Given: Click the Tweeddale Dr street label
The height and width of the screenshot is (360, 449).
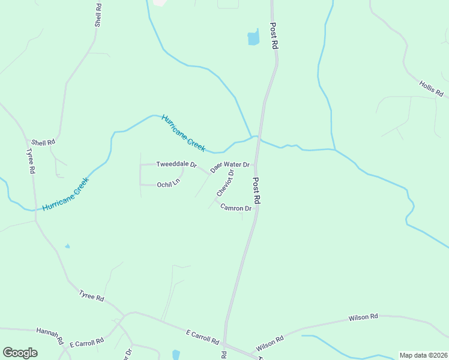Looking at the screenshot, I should pyautogui.click(x=176, y=164).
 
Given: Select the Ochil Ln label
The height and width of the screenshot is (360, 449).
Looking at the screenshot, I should pyautogui.click(x=168, y=184).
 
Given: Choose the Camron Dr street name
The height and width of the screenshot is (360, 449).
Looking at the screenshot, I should pyautogui.click(x=236, y=208).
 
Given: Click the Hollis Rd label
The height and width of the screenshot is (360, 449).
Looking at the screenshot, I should pyautogui.click(x=431, y=89).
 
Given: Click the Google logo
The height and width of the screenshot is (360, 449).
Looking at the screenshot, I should pyautogui.click(x=20, y=353).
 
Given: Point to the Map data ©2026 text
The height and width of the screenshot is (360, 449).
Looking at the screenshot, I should pyautogui.click(x=423, y=355).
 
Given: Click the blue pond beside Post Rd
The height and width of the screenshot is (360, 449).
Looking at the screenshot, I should pyautogui.click(x=253, y=38).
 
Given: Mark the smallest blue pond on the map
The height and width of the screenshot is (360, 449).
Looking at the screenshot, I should pyautogui.click(x=67, y=246).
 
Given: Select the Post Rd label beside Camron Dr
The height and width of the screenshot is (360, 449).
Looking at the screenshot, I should pyautogui.click(x=256, y=191).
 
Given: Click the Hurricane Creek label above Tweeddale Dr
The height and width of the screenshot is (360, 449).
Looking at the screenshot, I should pyautogui.click(x=184, y=133).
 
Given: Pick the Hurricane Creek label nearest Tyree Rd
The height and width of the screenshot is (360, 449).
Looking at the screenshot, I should pyautogui.click(x=66, y=193).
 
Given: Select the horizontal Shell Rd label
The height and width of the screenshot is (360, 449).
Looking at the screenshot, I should pyautogui.click(x=43, y=142).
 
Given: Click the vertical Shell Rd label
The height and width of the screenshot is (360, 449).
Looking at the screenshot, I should pyautogui.click(x=98, y=14).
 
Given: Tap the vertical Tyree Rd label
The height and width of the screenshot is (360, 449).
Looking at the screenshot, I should pyautogui.click(x=30, y=161).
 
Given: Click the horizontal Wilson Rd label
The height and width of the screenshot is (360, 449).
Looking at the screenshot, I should pyautogui.click(x=364, y=316).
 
